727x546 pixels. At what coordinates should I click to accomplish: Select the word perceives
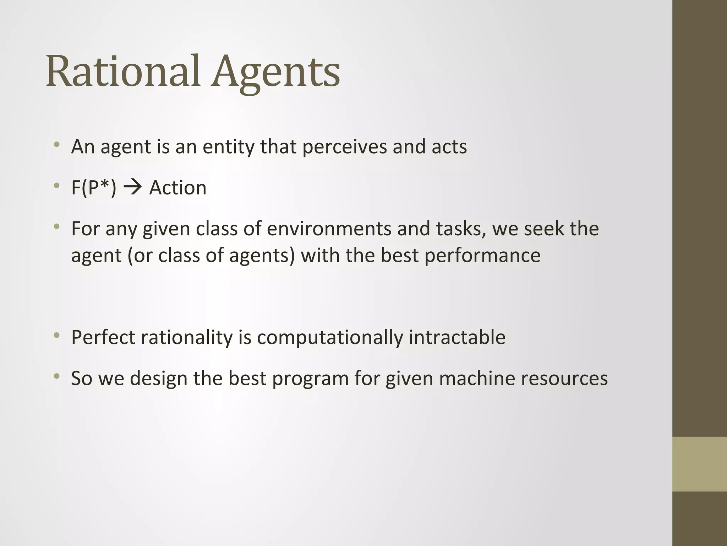coord(344,147)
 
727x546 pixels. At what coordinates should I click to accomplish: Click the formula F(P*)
coord(94,188)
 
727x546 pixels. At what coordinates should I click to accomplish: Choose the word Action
coord(177,188)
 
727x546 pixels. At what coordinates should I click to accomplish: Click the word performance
coord(482,256)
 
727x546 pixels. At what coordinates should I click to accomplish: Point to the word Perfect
coord(103,337)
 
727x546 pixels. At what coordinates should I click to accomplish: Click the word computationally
coord(330,338)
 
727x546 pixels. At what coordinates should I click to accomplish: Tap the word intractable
coord(457,337)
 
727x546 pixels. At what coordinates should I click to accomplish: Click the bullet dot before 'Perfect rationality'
coord(56,336)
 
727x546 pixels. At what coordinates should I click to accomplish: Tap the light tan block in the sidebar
coord(700,464)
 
